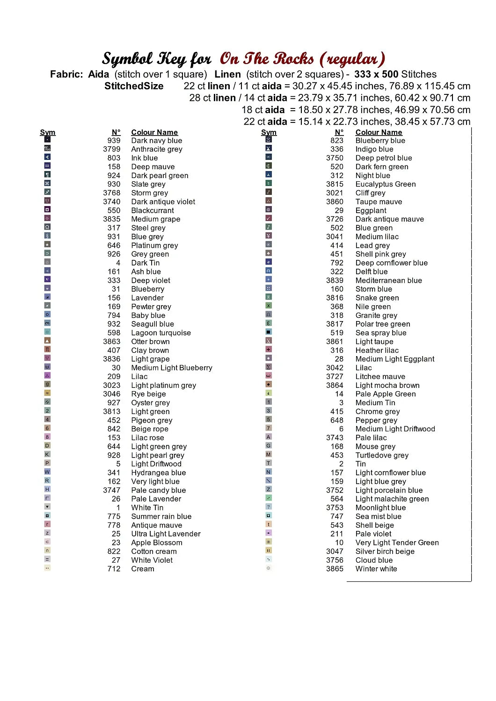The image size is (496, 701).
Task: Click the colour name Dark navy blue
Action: point(156,141)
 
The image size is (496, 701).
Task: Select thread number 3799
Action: point(112,149)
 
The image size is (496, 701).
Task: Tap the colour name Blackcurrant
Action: point(153,210)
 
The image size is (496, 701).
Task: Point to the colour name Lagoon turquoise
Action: point(161,333)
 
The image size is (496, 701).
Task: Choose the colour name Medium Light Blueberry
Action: point(172,368)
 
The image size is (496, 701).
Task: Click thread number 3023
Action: point(112,385)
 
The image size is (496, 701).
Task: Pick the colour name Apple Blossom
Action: point(157,543)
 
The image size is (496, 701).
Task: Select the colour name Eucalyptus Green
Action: point(386,184)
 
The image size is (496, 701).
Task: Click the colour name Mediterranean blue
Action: point(388,280)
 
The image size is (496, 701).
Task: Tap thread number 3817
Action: point(335,324)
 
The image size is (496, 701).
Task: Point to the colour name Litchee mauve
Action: point(380,377)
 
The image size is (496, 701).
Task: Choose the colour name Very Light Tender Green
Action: point(397,543)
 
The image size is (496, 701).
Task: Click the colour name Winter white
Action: point(376,569)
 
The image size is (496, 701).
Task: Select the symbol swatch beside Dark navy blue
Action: point(47,139)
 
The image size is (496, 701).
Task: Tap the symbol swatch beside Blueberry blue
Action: point(269,139)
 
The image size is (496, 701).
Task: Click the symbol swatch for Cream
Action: point(47,568)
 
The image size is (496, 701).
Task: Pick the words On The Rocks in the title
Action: point(267,59)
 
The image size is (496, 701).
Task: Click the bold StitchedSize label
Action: point(134,86)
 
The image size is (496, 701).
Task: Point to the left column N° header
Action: point(116,132)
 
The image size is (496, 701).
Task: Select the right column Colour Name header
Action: point(379,132)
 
